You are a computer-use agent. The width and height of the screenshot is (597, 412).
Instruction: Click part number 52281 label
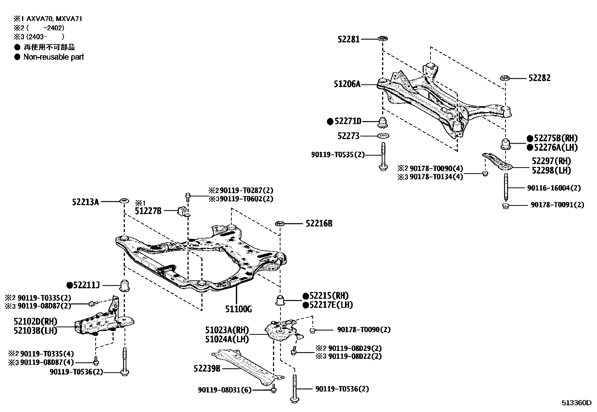pos(348,39)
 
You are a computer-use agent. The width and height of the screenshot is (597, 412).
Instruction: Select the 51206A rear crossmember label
pos(347,84)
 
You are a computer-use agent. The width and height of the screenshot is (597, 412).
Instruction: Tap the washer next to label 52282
pos(504,78)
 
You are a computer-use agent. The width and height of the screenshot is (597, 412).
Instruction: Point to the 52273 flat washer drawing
pos(382,136)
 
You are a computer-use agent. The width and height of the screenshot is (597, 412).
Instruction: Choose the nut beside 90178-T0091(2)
pos(505,206)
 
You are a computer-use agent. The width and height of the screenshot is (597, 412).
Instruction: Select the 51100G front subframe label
pos(238,309)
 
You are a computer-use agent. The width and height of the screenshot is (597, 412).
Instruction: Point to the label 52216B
pos(319,224)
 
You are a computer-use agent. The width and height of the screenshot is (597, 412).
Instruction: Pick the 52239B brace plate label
pos(207,369)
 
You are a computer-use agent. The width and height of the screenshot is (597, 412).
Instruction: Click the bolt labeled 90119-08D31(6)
pos(273,390)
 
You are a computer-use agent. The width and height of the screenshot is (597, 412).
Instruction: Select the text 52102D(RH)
pos(35,322)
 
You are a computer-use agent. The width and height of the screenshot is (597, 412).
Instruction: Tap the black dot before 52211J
pos(69,285)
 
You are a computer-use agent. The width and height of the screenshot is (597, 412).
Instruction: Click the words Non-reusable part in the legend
pos(54,57)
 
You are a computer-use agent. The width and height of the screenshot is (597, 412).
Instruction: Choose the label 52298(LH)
pos(551,171)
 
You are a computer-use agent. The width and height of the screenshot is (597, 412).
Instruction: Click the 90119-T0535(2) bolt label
pos(337,154)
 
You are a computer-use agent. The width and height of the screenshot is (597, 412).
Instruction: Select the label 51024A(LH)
pos(226,339)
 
